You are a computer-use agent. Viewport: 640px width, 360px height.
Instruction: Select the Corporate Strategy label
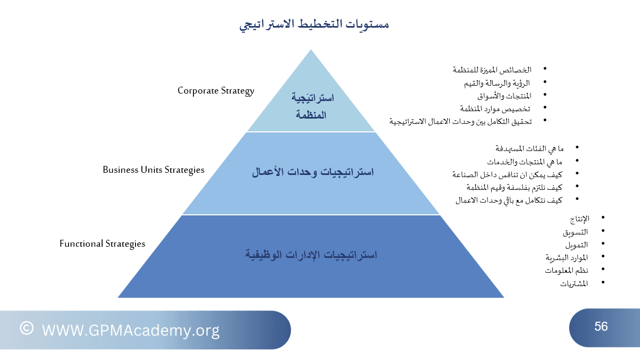click(216, 91)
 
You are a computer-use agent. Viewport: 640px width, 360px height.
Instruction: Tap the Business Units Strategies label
click(154, 170)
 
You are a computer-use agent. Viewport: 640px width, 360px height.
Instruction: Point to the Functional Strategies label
click(102, 244)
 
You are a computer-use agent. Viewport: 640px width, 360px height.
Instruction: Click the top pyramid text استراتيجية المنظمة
click(312, 106)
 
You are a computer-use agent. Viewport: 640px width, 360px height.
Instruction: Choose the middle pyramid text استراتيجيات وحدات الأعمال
click(313, 172)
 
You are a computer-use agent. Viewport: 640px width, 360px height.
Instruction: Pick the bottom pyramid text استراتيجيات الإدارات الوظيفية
click(311, 255)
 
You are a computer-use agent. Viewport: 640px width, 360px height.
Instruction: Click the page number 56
click(601, 326)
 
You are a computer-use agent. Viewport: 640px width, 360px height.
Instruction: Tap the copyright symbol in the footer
click(27, 328)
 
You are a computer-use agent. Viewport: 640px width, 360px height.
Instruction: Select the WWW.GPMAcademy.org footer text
click(131, 331)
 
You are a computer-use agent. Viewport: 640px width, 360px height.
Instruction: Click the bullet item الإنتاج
click(580, 219)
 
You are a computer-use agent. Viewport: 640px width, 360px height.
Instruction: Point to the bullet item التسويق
click(575, 232)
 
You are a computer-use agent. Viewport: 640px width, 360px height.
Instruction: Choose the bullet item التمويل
click(576, 245)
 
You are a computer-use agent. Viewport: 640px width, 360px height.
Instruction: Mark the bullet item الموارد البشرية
click(567, 258)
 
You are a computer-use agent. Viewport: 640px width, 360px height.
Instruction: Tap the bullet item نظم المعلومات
click(566, 270)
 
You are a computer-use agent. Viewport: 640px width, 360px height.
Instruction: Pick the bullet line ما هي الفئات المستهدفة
click(529, 148)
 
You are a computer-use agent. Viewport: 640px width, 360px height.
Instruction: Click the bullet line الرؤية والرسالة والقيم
click(497, 83)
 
